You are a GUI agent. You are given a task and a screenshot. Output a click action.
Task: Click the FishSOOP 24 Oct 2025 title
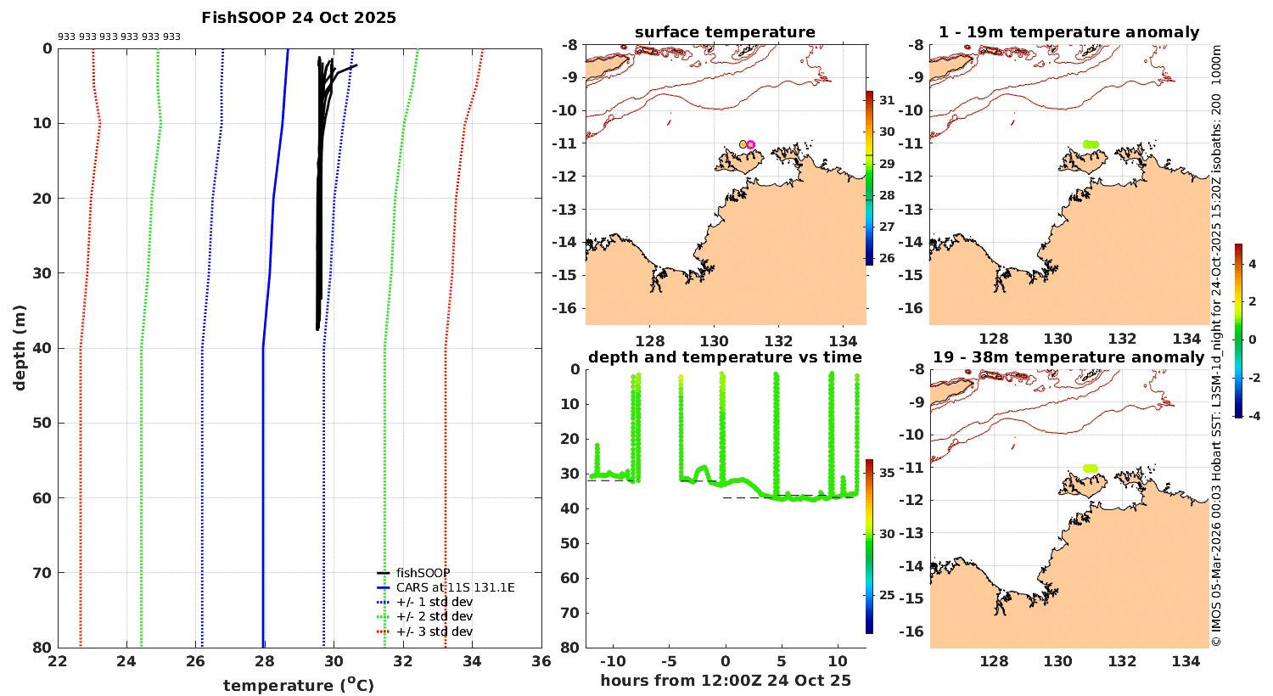click(x=299, y=18)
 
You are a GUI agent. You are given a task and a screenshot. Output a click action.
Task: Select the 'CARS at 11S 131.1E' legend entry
click(x=455, y=587)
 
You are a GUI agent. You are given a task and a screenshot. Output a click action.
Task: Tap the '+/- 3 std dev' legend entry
click(x=434, y=631)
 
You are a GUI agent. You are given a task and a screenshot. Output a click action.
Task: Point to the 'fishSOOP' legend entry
click(x=423, y=573)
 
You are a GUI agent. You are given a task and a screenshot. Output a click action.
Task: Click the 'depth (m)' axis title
click(x=20, y=348)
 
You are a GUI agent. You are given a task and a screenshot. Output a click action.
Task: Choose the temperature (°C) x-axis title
click(x=299, y=685)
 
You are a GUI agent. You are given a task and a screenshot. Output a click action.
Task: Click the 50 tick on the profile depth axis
click(x=42, y=423)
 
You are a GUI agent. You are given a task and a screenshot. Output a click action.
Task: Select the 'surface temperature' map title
click(x=725, y=32)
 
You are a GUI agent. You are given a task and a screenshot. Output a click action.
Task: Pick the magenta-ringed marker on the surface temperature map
click(x=750, y=144)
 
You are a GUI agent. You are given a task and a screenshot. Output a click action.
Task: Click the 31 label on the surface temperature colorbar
click(x=887, y=100)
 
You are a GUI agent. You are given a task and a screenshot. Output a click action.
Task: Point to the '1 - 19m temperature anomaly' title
click(x=1068, y=32)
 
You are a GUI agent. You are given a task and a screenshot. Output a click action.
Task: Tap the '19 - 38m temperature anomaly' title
click(x=1068, y=357)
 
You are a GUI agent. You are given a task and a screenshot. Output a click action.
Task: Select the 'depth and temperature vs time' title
click(x=725, y=357)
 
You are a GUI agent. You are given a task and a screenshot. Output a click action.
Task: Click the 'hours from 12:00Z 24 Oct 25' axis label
click(x=725, y=681)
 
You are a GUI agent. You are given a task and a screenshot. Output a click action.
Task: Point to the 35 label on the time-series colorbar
click(x=887, y=473)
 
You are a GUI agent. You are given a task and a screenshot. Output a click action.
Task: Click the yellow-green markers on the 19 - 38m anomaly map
click(x=1091, y=469)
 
